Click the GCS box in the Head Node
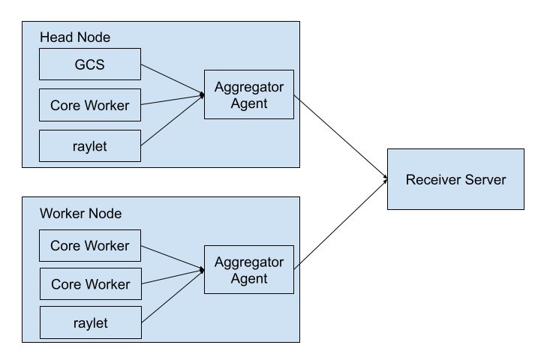click(x=89, y=64)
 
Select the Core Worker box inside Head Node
click(x=89, y=105)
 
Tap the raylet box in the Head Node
click(x=89, y=146)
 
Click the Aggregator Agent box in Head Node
click(x=248, y=94)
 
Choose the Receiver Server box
click(x=455, y=179)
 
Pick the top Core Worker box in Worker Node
click(x=89, y=245)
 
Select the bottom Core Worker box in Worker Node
click(x=89, y=284)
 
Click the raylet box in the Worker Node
click(x=89, y=323)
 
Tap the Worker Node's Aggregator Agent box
click(x=248, y=270)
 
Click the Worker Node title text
click(x=80, y=214)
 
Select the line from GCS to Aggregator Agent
click(x=171, y=79)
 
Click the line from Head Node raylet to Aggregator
click(x=171, y=120)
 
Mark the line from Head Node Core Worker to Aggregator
click(x=171, y=100)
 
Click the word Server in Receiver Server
click(x=485, y=179)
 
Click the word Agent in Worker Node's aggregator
click(x=249, y=278)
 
